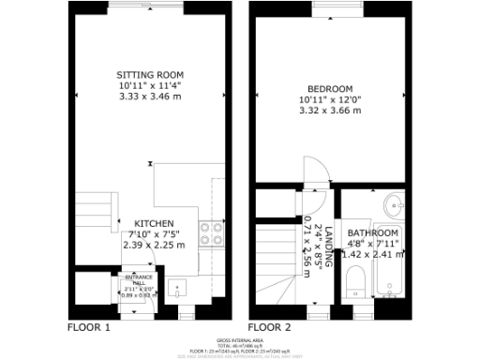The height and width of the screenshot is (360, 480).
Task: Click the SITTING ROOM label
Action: pyautogui.click(x=149, y=75)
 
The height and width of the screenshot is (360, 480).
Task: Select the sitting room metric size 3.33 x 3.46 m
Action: pyautogui.click(x=149, y=96)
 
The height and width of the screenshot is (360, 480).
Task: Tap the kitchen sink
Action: pyautogui.click(x=179, y=288)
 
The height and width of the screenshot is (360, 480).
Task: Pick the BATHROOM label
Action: pyautogui.click(x=372, y=232)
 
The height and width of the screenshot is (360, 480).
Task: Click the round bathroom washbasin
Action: pyautogui.click(x=394, y=202)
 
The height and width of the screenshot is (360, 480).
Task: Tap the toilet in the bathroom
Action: pyautogui.click(x=354, y=282)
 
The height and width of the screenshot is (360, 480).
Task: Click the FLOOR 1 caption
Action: pyautogui.click(x=89, y=327)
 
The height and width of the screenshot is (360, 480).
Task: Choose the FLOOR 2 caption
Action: pyautogui.click(x=270, y=327)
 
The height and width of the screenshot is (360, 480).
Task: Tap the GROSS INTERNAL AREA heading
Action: pyautogui.click(x=240, y=339)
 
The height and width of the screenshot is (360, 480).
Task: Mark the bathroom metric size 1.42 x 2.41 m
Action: pyautogui.click(x=372, y=253)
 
